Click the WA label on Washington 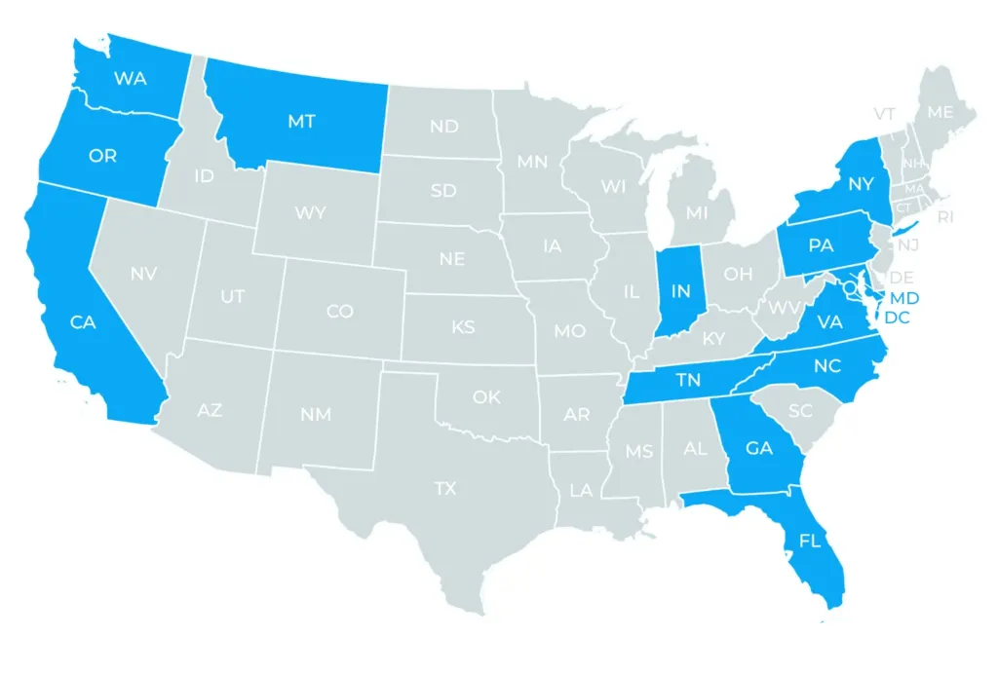[130, 78]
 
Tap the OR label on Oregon [102, 156]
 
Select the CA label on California [83, 321]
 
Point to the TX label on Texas [445, 488]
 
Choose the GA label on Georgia [759, 448]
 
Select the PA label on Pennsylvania [821, 246]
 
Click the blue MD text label [905, 296]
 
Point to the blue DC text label [897, 317]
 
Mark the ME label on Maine [940, 112]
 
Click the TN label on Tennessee [688, 381]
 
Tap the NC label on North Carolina [826, 366]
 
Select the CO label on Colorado [340, 312]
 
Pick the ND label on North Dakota [444, 127]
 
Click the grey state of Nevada [146, 282]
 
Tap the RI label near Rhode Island [945, 216]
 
